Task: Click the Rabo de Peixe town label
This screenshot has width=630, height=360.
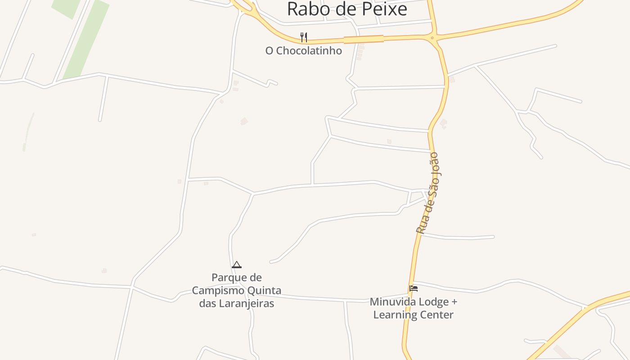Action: point(347,9)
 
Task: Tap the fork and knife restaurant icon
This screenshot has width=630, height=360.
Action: point(304,37)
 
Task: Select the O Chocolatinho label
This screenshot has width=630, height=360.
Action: point(304,51)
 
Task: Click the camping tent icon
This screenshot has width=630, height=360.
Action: point(237,265)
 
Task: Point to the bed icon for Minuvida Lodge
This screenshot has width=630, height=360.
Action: point(414,288)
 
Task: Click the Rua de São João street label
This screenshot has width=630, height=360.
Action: point(427,193)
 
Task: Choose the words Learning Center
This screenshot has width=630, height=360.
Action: point(413,315)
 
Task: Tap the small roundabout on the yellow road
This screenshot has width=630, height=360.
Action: point(432,38)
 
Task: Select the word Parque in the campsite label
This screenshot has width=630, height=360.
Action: point(230,277)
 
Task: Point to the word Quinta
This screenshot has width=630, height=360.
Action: point(265,290)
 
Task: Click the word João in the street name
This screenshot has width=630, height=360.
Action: point(433,164)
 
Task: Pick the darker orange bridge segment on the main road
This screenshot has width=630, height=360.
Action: point(364,39)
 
